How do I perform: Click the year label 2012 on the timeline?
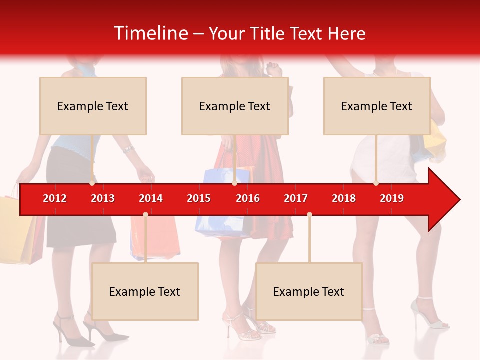point(55,198)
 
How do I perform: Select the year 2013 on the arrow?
point(103,198)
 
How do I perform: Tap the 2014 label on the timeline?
point(151,198)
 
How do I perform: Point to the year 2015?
point(199,198)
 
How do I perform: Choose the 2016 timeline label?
point(248,198)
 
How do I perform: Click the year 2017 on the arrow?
point(296,198)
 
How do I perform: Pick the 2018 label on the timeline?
point(344,198)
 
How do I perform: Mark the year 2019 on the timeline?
point(392,198)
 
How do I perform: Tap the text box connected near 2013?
point(93,106)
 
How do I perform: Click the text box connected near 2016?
point(235,106)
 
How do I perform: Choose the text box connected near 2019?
point(377,106)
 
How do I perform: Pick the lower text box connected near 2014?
point(145,292)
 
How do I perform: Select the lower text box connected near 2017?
point(309,292)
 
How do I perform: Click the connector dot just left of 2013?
point(92,183)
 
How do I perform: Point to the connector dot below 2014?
point(145,215)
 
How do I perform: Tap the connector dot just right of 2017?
point(309,215)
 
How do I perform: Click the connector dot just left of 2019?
point(376,183)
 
